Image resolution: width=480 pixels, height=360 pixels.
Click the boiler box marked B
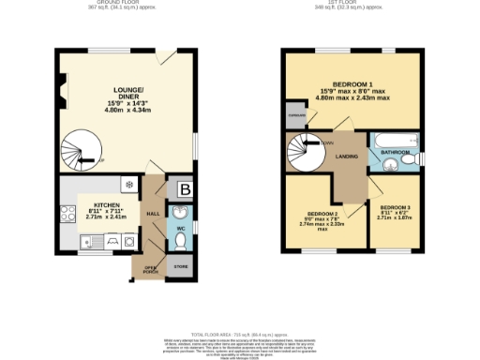(x=184, y=187)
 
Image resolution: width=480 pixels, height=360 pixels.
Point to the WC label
(x=180, y=228)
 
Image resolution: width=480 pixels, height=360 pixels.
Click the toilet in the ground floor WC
(x=181, y=242)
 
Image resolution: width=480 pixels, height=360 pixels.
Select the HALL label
(x=152, y=214)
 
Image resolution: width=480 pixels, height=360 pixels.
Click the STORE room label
(x=179, y=266)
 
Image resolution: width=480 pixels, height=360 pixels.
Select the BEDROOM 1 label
(x=349, y=82)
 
